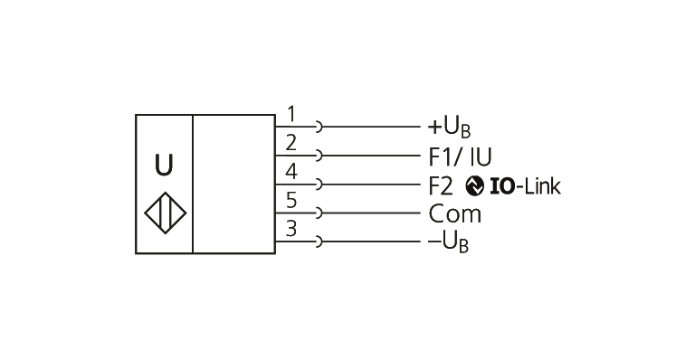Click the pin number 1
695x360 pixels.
click(x=291, y=114)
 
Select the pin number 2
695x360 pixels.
click(x=290, y=143)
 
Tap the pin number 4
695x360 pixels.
click(x=291, y=172)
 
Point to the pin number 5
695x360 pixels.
click(x=291, y=200)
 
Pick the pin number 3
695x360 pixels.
click(x=291, y=229)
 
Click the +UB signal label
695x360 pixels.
click(x=449, y=128)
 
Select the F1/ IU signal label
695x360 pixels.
click(x=460, y=156)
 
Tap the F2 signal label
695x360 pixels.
click(x=441, y=186)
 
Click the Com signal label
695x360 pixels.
click(x=455, y=214)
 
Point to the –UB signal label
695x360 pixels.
click(x=448, y=242)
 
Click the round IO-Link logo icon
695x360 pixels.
click(x=475, y=186)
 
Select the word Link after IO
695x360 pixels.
click(x=543, y=186)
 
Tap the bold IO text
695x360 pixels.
click(x=503, y=186)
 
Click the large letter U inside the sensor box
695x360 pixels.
click(x=164, y=166)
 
